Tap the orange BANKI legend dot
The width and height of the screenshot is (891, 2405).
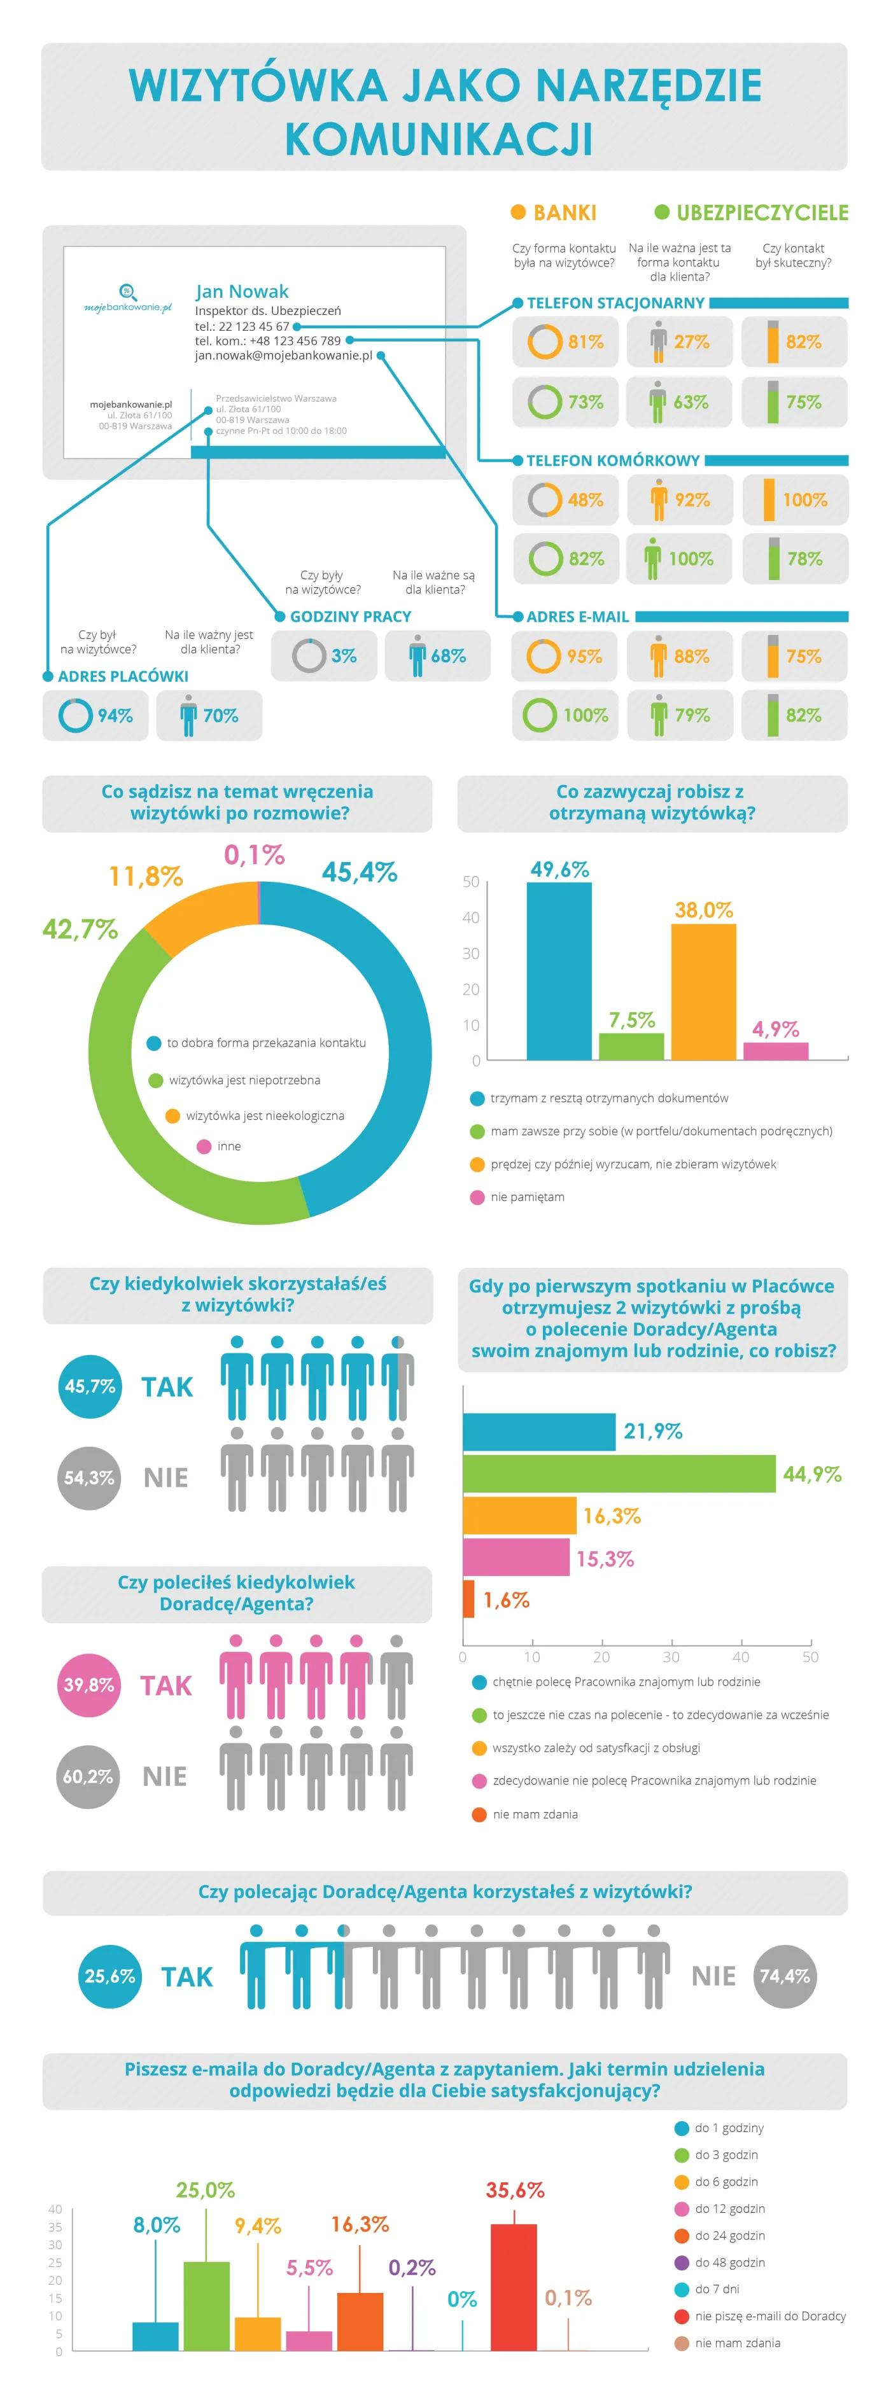(x=518, y=212)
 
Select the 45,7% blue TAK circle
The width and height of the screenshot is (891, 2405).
(x=90, y=1386)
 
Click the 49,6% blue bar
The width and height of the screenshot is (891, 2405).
(x=559, y=971)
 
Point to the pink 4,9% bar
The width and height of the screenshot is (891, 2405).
(x=775, y=1051)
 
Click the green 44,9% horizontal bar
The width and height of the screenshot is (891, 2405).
(x=619, y=1474)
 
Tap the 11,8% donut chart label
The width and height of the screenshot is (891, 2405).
(x=146, y=875)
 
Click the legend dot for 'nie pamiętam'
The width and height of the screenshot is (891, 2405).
(x=477, y=1197)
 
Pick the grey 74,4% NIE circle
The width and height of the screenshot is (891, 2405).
(x=785, y=1976)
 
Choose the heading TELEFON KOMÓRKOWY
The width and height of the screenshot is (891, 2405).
(x=613, y=460)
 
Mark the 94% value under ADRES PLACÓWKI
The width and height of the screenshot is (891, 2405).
(x=115, y=715)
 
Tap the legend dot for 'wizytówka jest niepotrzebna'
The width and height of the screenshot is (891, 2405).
(x=156, y=1080)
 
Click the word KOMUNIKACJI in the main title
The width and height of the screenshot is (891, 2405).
(x=439, y=139)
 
